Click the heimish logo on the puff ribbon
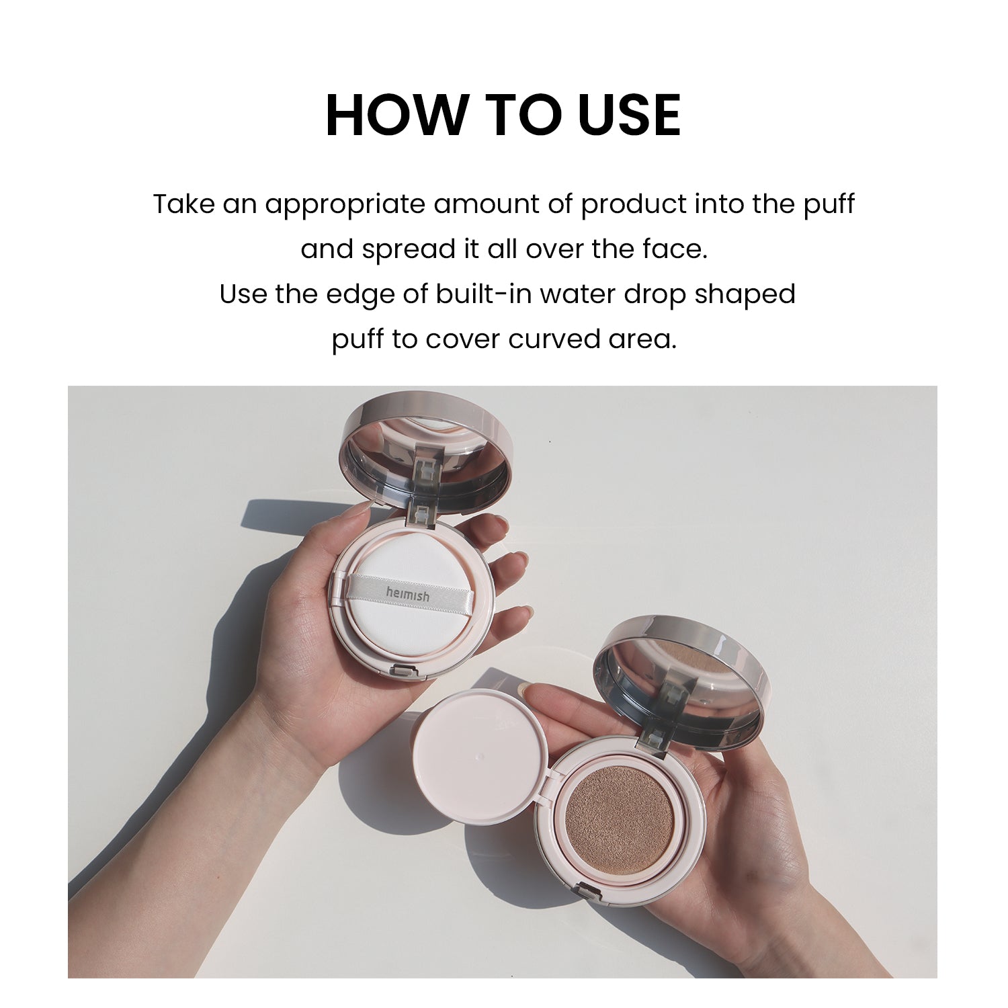point(407,594)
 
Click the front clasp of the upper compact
point(401,670)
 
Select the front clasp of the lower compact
point(587,893)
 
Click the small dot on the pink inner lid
point(479,757)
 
